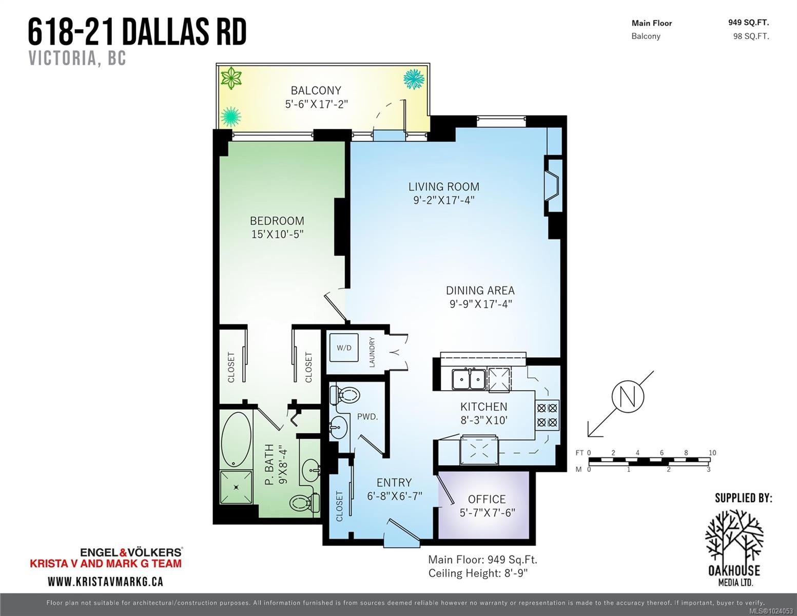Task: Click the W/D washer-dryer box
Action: [x=344, y=348]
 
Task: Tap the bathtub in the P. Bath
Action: [x=236, y=439]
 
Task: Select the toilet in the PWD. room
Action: [x=344, y=395]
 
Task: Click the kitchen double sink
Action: [x=469, y=379]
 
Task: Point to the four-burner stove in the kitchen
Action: [x=547, y=415]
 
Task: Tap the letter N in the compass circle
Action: [x=628, y=397]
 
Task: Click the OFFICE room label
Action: [x=487, y=499]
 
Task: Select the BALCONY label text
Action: [x=316, y=90]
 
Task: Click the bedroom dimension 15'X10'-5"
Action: [x=277, y=234]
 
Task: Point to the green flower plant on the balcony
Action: [x=230, y=78]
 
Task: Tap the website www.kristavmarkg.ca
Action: [x=105, y=582]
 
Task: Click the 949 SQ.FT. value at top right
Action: [x=749, y=23]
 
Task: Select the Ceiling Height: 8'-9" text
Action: [x=478, y=573]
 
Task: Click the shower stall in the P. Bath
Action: [x=236, y=487]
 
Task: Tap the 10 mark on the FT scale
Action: [x=712, y=453]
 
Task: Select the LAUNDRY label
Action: [x=372, y=352]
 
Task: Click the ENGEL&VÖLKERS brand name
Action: [x=131, y=552]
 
